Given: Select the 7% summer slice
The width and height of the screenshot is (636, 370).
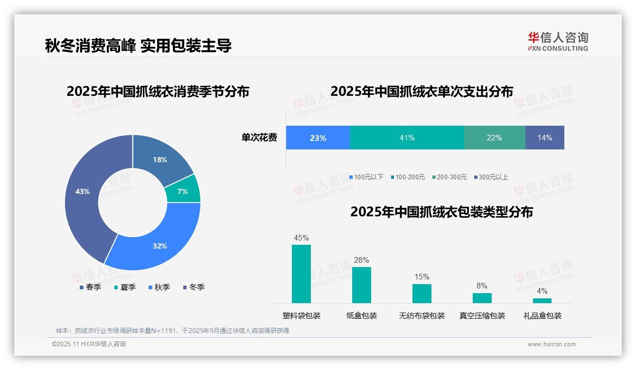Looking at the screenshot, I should pos(183,191).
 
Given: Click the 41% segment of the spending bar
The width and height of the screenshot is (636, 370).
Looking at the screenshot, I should pos(407,138).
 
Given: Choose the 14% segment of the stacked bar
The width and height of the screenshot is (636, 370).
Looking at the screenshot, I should pos(544,138).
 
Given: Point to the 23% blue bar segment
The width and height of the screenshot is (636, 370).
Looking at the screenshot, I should pos(318,138).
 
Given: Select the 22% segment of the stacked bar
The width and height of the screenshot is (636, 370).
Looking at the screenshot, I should pos(494,138).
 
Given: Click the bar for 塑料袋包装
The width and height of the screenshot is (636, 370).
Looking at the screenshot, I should pos(301,274).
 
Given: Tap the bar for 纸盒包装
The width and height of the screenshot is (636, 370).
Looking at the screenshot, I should pos(362,285).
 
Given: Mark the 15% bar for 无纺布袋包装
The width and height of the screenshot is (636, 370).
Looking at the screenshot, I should pos(422,293).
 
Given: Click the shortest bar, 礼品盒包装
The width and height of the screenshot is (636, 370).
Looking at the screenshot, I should pos(542,300).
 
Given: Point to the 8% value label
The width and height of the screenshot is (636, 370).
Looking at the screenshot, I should pos(482,286).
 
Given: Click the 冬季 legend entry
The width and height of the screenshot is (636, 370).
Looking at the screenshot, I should pos(194,287).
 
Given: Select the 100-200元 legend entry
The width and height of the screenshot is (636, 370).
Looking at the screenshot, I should pos(408,177).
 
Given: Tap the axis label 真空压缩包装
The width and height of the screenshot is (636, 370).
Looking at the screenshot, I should pos(482,315).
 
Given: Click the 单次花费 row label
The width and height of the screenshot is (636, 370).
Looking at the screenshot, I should pos(259,138).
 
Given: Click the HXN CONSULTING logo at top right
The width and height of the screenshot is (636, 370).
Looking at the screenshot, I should pos(558,41).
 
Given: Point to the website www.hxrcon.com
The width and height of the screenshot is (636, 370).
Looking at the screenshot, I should pos(552,344).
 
